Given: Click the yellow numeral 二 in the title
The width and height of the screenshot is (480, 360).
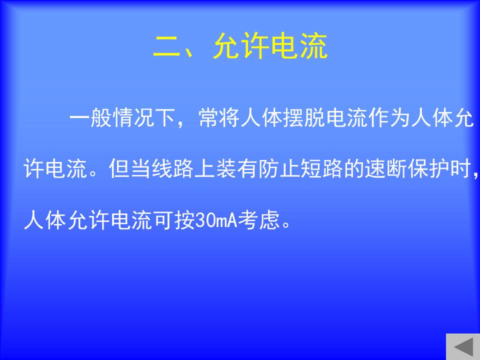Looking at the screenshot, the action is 166,46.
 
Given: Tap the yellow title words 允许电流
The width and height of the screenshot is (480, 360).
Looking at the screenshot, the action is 270,46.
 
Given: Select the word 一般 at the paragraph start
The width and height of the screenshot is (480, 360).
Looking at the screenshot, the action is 91,118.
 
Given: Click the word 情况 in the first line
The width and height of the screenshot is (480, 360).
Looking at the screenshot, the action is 134,118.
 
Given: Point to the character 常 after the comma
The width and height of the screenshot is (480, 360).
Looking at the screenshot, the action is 209,118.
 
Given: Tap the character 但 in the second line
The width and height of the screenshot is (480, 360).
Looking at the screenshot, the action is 119,168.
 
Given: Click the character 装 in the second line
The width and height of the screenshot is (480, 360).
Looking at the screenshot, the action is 226,168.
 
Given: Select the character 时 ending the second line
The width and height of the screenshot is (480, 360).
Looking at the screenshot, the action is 460,168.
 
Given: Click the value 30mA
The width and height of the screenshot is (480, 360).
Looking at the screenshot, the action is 216,220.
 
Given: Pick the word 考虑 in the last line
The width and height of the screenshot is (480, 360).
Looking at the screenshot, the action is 259,220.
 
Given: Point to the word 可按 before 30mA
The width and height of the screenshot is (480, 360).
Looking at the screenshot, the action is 173,220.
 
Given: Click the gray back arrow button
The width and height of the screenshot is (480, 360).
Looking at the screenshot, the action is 463,347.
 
